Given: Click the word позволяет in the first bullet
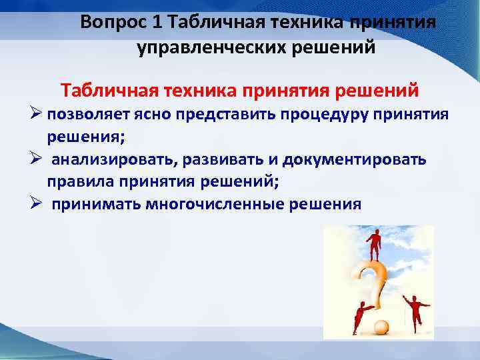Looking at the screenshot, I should coord(85,115).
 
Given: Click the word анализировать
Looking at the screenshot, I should coord(108,160).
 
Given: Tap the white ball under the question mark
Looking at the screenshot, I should coord(381,328).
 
